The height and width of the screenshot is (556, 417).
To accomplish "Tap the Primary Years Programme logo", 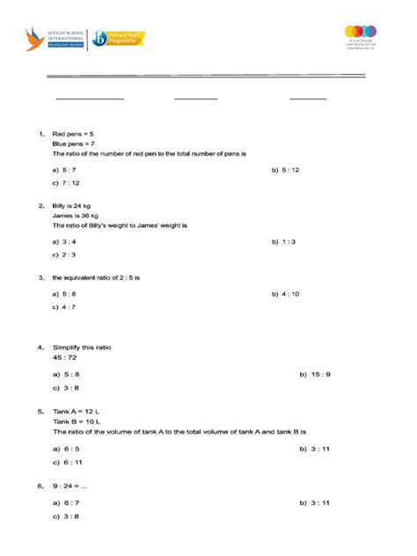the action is (x=118, y=38).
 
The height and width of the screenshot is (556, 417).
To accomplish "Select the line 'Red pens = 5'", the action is (x=72, y=134).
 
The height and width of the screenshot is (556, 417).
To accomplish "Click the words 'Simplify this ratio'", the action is (x=82, y=348).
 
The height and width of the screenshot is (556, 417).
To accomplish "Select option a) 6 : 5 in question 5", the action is (x=66, y=448).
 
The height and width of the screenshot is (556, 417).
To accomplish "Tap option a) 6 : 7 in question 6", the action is (x=66, y=502).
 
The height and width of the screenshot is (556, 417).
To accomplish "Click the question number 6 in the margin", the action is (x=40, y=485).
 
